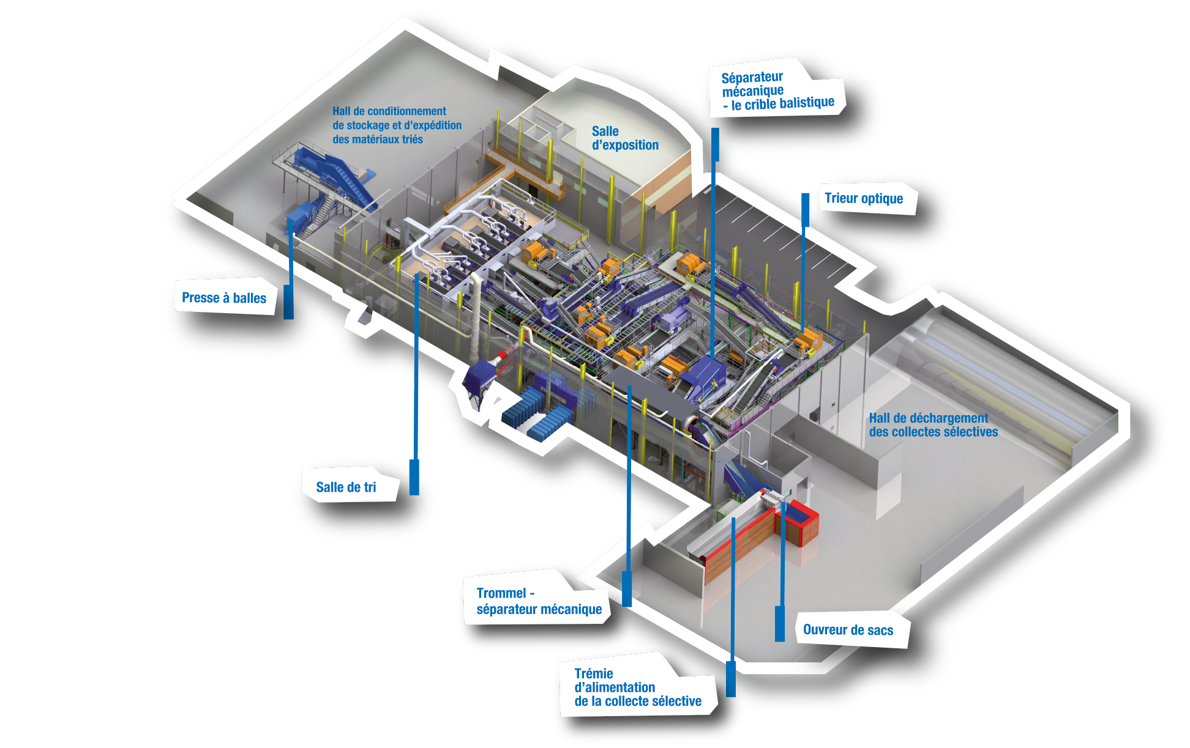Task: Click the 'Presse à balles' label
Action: pos(224,298)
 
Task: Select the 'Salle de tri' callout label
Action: pos(346,487)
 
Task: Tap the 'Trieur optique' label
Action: pos(864,198)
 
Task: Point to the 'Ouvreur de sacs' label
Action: pos(848,630)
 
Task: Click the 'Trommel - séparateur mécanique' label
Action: pos(539,601)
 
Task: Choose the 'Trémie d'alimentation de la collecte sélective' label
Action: pos(638,687)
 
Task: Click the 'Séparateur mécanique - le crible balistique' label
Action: pos(777,91)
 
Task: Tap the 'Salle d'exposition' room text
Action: pos(625,138)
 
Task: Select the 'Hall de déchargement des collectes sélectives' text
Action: pos(934,425)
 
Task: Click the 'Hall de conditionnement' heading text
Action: pos(389,111)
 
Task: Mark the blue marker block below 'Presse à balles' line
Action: pos(288,302)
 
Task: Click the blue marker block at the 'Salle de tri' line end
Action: pos(414,477)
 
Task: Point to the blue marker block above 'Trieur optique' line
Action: pos(806,210)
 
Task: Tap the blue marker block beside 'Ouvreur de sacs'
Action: pos(780,624)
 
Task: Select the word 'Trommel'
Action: pos(501,593)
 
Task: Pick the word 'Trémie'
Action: pos(593,673)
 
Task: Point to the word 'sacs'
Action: pos(880,631)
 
